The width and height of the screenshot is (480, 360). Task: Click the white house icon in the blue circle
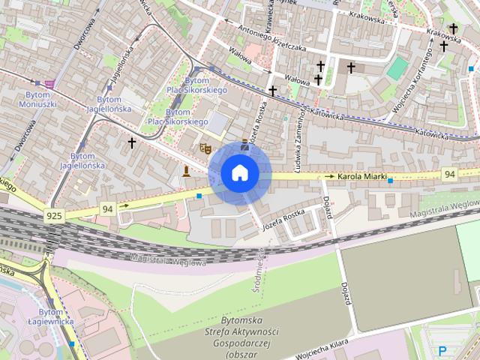pos(239,173)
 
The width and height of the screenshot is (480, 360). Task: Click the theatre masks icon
pos(202,148)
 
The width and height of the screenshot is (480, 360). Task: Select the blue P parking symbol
pos(442,350)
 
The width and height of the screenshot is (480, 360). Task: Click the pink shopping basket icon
pos(49,84)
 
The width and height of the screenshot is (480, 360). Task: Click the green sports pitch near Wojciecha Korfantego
pos(397,68)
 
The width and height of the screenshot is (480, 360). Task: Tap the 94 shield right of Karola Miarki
pos(448,174)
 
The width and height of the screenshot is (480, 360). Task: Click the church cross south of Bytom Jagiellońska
pos(132,142)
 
